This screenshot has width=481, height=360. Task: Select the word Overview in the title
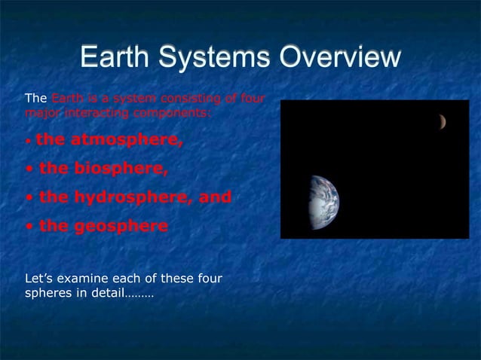coord(337,59)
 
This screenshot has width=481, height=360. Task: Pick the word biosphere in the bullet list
coord(119,168)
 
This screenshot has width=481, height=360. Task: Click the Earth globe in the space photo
coord(323,202)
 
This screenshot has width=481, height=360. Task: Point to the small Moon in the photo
coord(443,121)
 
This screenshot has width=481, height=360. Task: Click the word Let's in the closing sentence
coord(39,279)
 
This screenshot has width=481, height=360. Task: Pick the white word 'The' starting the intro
coord(35,99)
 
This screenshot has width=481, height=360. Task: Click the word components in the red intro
coord(173,112)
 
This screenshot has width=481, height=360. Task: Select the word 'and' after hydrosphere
coord(215,197)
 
